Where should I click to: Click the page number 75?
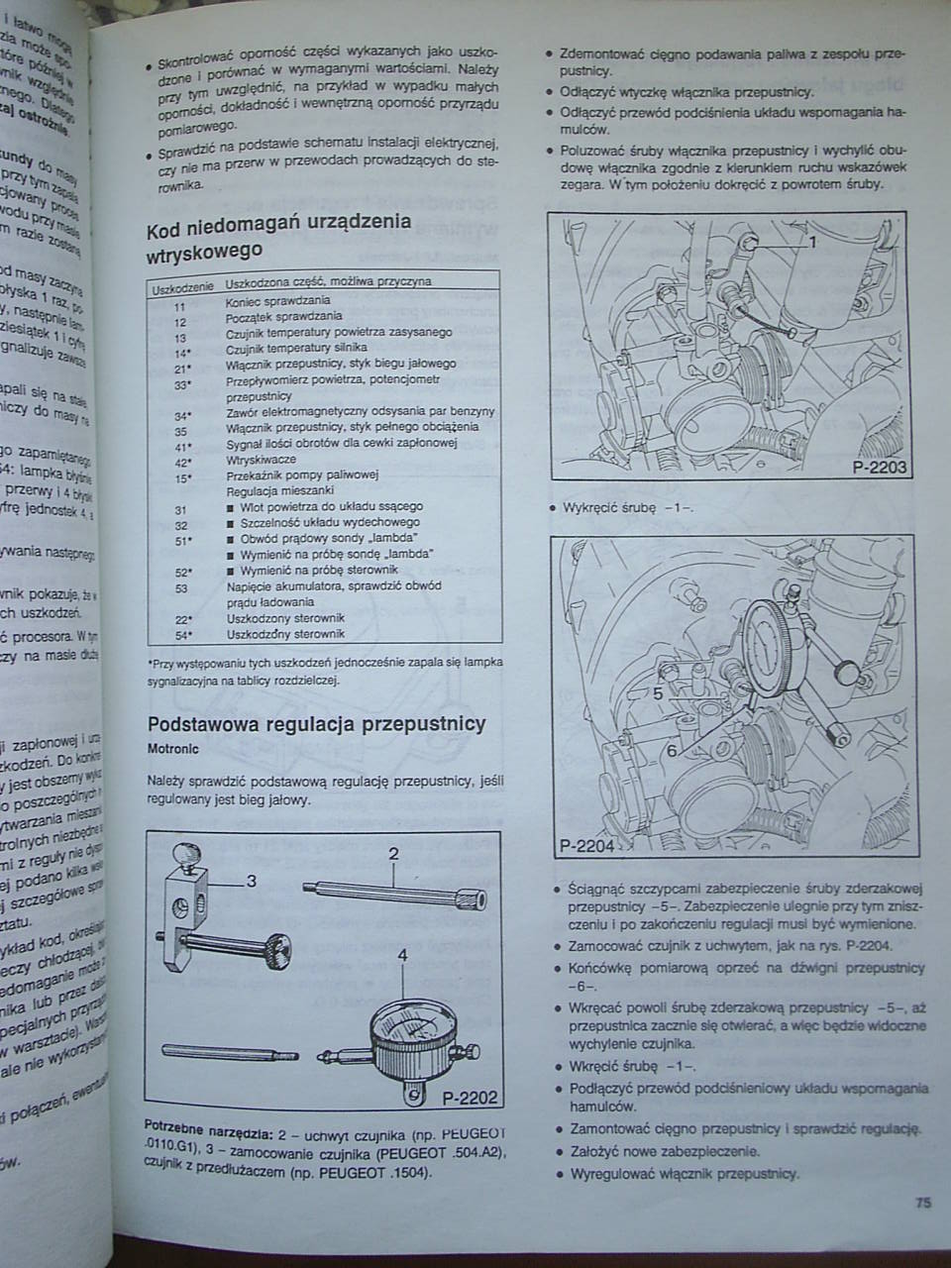point(921,1205)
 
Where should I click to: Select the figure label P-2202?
point(469,1098)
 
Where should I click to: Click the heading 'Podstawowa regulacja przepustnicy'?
point(316,723)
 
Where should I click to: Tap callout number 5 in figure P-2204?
point(657,694)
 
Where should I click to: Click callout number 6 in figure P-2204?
point(671,751)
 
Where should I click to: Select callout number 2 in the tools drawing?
point(393,854)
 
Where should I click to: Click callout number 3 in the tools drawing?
point(251,881)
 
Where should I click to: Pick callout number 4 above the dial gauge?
point(403,956)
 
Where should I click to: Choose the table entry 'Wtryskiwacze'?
point(261,461)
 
